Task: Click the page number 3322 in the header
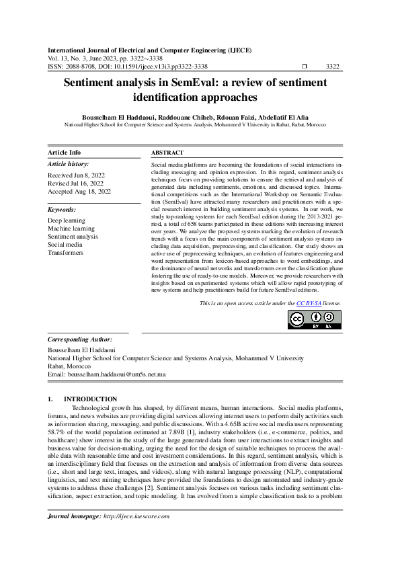coord(332,67)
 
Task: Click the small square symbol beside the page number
coord(305,67)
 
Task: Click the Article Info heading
coord(65,153)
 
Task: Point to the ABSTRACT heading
coord(167,153)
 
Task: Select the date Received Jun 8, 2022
coord(75,175)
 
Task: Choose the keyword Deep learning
coord(67,220)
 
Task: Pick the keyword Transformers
coord(66,253)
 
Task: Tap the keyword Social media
coord(65,245)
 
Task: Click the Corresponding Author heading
coord(79,339)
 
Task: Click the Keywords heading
coord(62,210)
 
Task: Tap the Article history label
coord(69,163)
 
